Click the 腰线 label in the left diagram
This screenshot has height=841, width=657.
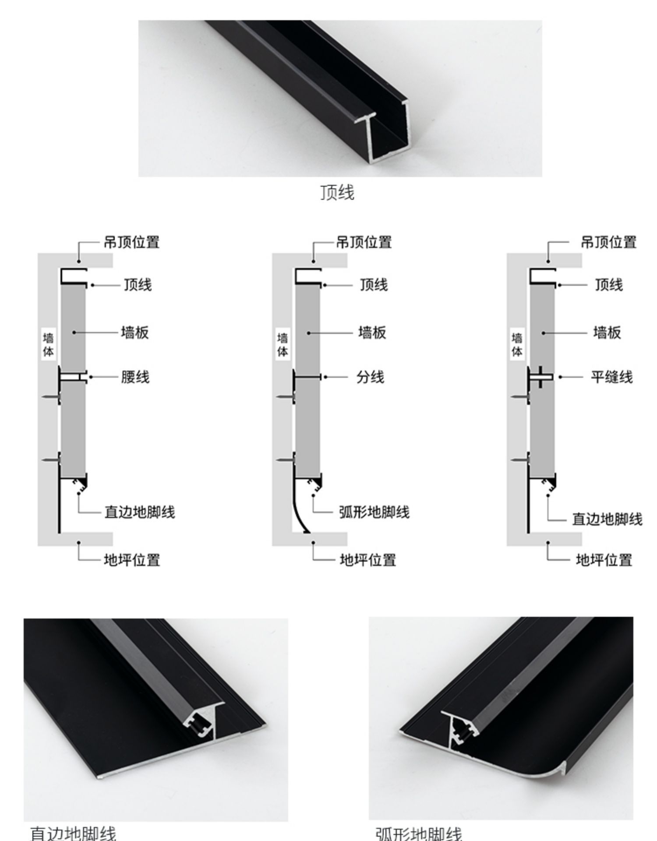pos(135,377)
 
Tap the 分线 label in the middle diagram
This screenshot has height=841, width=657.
pos(370,377)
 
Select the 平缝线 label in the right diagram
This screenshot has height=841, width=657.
pos(611,377)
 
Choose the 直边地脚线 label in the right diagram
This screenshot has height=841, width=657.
pos(607,519)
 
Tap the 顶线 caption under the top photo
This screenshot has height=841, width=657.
pos(337,192)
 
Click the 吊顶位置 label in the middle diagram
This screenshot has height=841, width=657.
pos(364,242)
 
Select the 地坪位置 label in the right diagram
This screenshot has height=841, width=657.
pos(604,560)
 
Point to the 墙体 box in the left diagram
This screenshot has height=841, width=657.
pos(49,344)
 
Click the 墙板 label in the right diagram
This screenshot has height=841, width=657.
pos(607,333)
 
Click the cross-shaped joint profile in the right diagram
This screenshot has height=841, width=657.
pos(540,377)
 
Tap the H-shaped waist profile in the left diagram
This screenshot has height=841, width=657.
pos(73,377)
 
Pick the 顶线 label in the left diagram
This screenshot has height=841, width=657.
pos(138,285)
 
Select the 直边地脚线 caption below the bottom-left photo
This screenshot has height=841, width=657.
pos(73,833)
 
